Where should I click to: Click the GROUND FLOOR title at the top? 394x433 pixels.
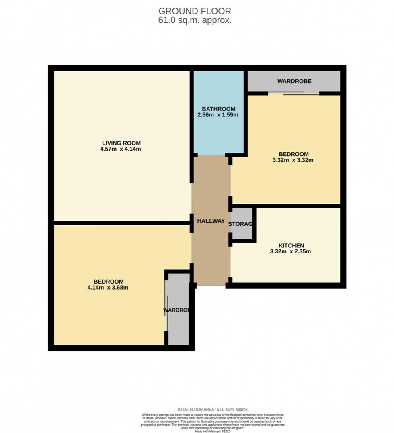point(195,11)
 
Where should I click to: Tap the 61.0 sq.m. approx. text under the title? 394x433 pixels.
point(195,20)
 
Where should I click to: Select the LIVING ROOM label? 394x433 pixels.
point(121,143)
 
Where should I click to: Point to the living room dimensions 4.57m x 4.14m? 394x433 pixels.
point(121,149)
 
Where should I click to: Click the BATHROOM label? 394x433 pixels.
point(218,109)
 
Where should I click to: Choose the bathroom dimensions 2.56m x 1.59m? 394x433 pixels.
point(218,115)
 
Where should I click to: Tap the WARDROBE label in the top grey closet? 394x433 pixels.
point(294,81)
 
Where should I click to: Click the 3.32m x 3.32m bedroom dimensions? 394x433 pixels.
point(293,160)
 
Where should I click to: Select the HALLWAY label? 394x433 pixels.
point(211,221)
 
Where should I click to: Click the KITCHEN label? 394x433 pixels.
point(291,246)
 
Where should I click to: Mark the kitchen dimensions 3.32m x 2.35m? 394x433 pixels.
point(291,252)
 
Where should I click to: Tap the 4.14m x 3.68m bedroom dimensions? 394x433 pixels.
point(108,288)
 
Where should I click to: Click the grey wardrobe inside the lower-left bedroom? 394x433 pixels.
point(178,317)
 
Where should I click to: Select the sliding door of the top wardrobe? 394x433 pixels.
point(293,94)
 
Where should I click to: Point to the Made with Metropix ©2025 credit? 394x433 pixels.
point(213,431)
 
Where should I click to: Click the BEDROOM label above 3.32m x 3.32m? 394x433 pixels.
point(293,154)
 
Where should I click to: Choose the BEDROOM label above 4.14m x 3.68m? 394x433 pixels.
point(109,282)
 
